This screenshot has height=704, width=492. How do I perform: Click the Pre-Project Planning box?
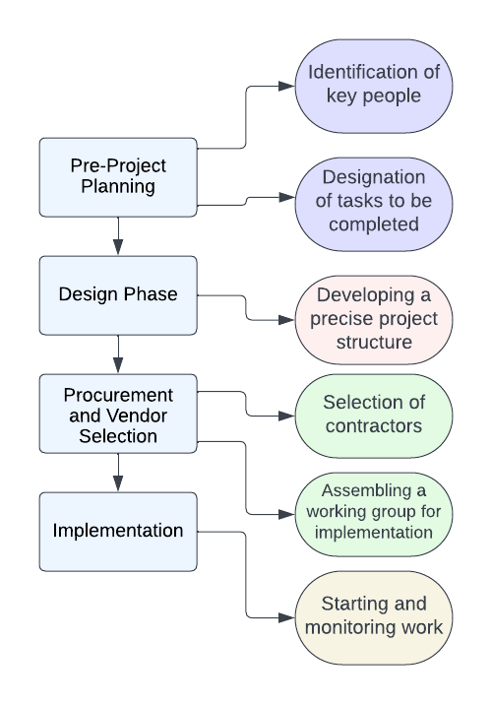coord(118,177)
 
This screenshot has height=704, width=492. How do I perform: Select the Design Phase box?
coord(118,294)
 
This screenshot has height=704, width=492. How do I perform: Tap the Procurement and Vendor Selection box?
coord(118,413)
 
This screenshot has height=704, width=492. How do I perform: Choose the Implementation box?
coord(118,531)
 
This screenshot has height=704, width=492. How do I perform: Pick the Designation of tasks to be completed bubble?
coord(374,200)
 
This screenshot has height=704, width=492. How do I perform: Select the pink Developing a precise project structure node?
coord(374,318)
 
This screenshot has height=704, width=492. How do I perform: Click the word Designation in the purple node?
coord(374,176)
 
